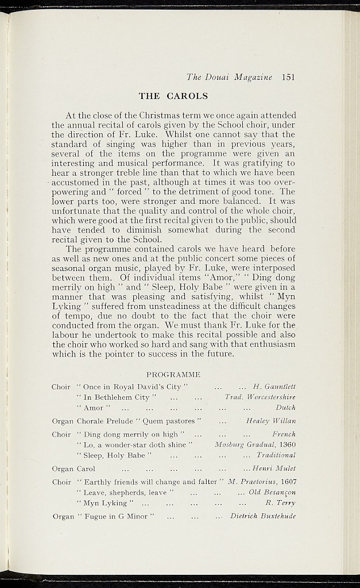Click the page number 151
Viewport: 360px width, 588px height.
[x=288, y=76]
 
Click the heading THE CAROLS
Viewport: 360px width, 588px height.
[x=173, y=96]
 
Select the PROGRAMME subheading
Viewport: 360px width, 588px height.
[x=173, y=374]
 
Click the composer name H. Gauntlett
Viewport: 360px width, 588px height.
[x=274, y=387]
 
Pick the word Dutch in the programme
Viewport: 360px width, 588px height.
[x=285, y=408]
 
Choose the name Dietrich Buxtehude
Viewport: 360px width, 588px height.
[x=263, y=516]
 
